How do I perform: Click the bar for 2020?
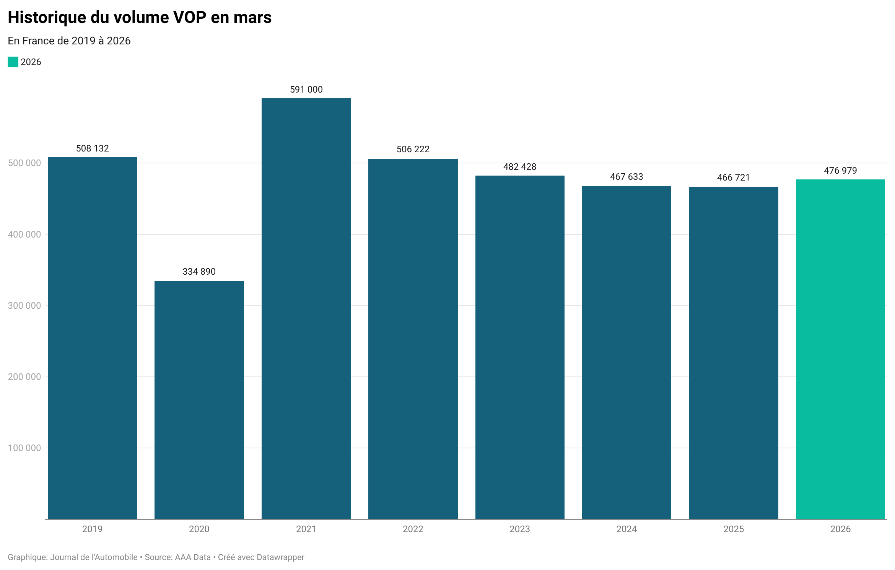[199, 400]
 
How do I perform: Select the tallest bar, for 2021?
[306, 308]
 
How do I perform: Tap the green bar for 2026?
[840, 349]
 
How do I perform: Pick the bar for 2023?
[519, 347]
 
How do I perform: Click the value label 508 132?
[92, 148]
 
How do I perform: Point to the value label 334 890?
[199, 272]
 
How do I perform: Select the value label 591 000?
[306, 90]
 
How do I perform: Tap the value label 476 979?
[840, 171]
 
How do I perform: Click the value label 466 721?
[733, 178]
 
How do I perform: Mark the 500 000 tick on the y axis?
[24, 163]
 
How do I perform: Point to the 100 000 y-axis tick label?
[24, 448]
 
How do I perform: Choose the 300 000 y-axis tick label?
[24, 306]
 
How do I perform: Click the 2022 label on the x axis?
[413, 529]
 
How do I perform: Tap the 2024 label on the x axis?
[626, 529]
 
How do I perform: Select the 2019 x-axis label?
[92, 529]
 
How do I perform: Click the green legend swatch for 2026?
[13, 62]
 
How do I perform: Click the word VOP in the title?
[190, 18]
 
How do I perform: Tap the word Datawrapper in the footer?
[280, 557]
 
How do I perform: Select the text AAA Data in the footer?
[193, 557]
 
